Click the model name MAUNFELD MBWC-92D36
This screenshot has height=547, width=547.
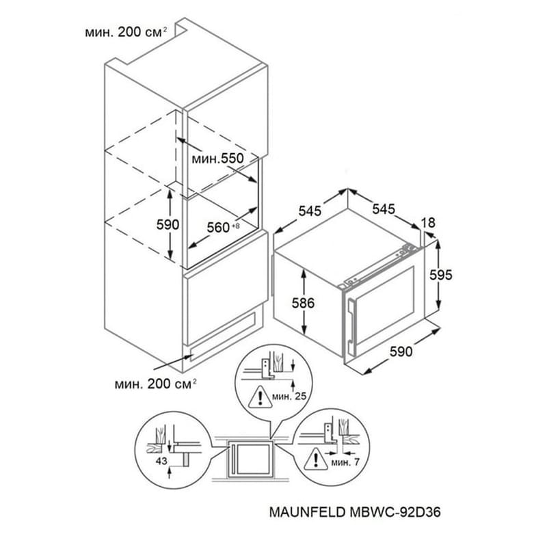[x=355, y=512]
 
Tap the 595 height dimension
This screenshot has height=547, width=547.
[x=440, y=275]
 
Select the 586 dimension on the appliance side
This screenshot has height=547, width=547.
[x=303, y=303]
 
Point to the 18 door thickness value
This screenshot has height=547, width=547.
[x=429, y=223]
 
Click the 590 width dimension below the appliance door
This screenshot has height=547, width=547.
[x=401, y=351]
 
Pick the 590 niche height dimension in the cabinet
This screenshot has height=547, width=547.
[x=168, y=225]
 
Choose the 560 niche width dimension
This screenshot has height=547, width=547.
[x=224, y=228]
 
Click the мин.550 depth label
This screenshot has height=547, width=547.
[x=217, y=159]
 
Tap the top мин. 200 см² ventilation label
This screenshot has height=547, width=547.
[x=126, y=32]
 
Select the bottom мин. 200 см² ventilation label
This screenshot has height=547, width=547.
[x=156, y=384]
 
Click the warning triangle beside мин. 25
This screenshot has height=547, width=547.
[x=261, y=397]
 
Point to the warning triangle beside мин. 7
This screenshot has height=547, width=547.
[x=316, y=459]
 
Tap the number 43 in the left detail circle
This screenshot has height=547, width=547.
[x=161, y=461]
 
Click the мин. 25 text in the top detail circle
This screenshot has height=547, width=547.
[x=289, y=396]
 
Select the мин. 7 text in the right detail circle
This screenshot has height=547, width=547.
[x=345, y=463]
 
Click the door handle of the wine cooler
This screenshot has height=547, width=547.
[x=351, y=324]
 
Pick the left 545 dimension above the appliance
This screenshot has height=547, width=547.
[x=310, y=211]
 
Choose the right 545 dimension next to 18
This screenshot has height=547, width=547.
[x=384, y=209]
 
